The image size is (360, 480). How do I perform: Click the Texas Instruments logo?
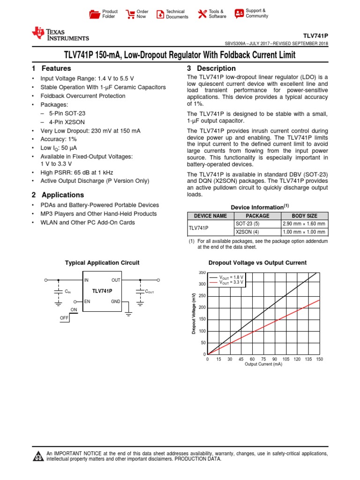[x=60, y=34]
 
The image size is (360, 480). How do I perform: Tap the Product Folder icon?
[x=95, y=14]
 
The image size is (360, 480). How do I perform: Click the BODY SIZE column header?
[x=304, y=216]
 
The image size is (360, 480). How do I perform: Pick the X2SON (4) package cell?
[x=247, y=232]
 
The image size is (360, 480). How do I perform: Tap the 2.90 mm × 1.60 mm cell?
[x=304, y=224]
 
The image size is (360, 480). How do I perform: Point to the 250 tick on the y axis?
[x=202, y=296]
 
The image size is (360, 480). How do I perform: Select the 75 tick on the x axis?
[x=263, y=359]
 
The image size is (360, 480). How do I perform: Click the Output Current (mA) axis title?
[x=263, y=364]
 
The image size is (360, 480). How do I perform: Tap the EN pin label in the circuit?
[x=87, y=302]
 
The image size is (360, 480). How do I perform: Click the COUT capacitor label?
[x=150, y=292]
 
